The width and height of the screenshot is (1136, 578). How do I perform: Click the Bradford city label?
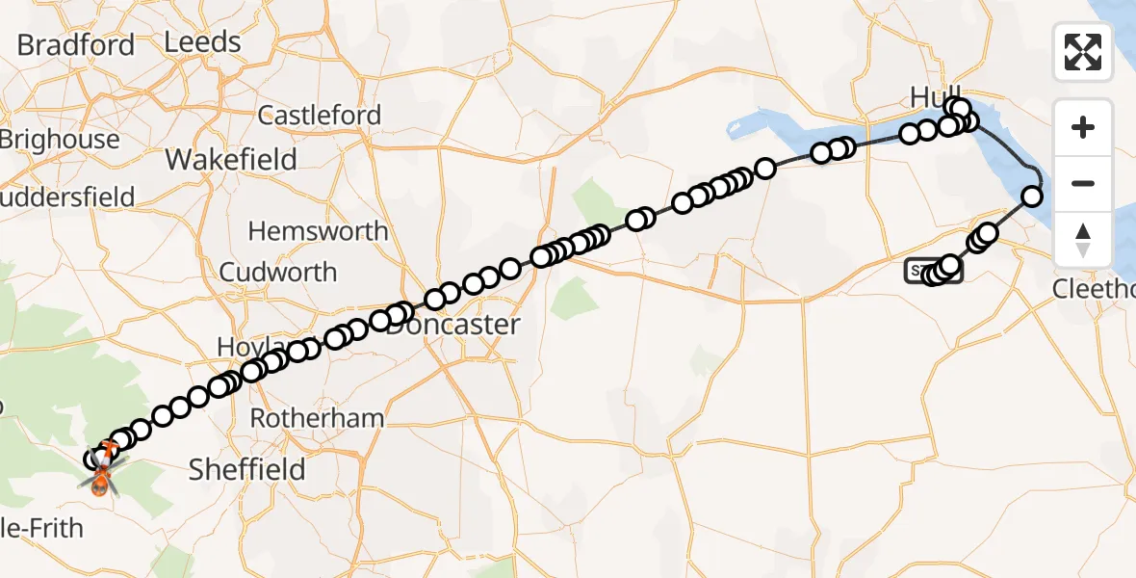point(76,45)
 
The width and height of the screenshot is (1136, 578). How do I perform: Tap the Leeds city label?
point(202,42)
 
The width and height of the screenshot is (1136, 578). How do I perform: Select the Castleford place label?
point(320,116)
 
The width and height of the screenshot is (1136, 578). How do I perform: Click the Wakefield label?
point(231,159)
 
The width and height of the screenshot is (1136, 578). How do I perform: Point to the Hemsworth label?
point(318,231)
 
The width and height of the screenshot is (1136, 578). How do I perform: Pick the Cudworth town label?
point(278,273)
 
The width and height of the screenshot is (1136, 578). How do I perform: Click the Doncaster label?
point(453,325)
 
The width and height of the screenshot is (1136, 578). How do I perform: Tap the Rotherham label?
point(317,419)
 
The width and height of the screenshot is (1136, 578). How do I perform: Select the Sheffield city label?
point(246,470)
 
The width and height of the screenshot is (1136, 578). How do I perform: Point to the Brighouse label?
point(60,140)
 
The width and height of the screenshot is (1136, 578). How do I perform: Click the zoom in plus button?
point(1083,127)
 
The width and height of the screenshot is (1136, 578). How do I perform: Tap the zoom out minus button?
point(1083,183)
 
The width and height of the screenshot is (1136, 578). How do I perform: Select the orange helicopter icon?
point(101,472)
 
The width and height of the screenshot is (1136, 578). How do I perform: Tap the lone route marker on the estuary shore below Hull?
point(1031,197)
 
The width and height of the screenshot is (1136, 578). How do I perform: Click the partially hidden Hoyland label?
point(236,347)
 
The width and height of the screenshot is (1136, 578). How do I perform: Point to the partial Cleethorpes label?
point(1094,289)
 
